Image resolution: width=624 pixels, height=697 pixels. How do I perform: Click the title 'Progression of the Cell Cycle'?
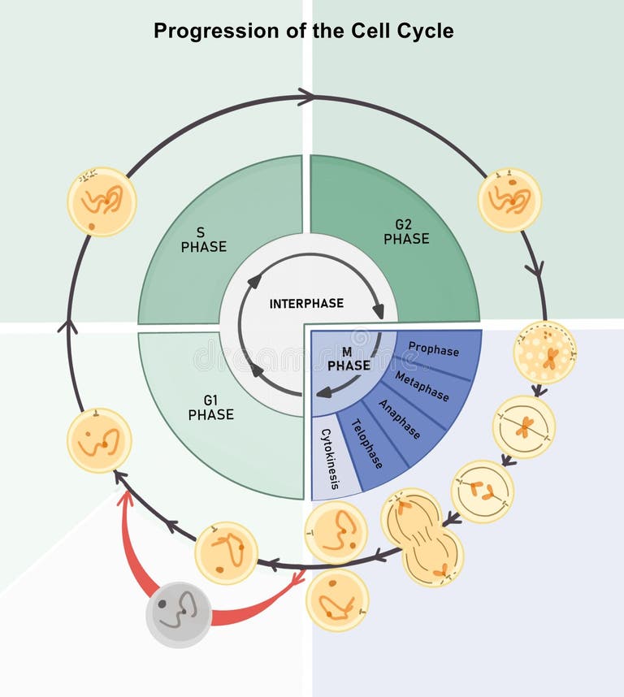point(303,32)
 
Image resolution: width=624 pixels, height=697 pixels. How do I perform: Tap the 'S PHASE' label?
point(203,240)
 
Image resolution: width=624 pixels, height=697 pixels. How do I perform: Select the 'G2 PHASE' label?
point(406,232)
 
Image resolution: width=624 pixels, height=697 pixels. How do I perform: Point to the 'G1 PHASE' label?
point(210,407)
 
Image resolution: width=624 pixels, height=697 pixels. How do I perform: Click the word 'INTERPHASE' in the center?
point(306,304)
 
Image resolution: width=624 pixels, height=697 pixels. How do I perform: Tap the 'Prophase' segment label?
point(433,350)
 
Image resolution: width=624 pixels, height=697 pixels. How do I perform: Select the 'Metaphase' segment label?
point(422,386)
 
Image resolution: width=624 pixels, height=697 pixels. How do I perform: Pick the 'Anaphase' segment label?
point(399,419)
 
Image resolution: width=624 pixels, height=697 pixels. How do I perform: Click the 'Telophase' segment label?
point(366,444)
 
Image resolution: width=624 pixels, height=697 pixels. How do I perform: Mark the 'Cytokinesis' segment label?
point(330,459)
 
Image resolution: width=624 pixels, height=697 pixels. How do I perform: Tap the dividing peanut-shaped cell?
point(422,537)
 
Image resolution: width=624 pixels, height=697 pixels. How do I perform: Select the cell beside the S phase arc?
point(102,201)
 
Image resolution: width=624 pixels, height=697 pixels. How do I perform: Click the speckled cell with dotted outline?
point(545,352)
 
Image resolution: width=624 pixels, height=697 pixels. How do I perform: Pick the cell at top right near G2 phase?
point(509,200)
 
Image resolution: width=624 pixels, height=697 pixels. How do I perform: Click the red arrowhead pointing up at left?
point(125,498)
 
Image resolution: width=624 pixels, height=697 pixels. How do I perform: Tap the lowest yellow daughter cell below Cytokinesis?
point(337,600)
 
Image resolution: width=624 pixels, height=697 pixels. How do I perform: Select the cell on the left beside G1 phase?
point(99,440)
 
